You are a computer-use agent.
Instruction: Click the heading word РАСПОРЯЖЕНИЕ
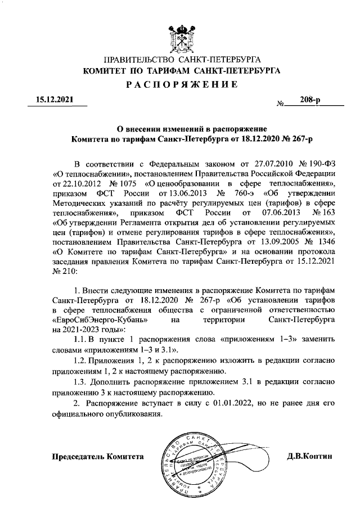(x=181, y=85)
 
